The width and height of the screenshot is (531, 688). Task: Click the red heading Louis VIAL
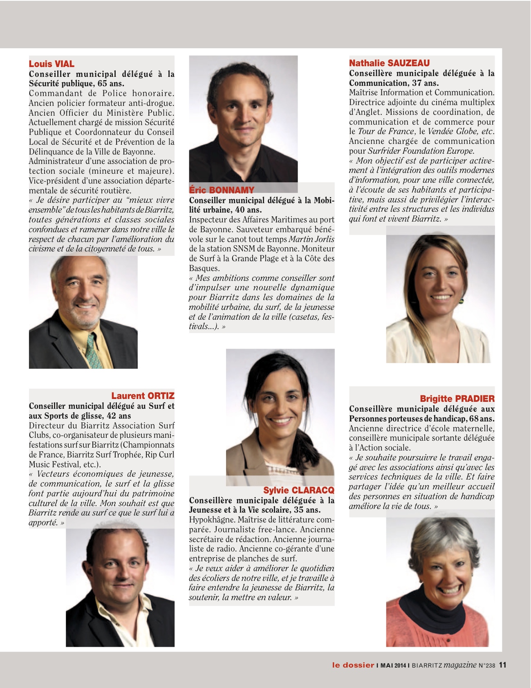(x=52, y=64)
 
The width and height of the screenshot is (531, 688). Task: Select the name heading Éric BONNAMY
(x=222, y=190)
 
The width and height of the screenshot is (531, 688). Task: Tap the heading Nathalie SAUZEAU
(x=389, y=63)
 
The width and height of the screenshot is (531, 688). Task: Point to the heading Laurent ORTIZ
(x=143, y=396)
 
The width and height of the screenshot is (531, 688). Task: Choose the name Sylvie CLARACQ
(x=298, y=490)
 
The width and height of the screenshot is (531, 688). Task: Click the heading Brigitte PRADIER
(x=457, y=399)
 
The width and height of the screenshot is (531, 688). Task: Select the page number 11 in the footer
(x=503, y=665)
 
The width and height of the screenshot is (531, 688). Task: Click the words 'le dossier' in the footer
(x=353, y=665)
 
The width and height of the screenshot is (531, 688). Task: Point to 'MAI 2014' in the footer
(x=393, y=666)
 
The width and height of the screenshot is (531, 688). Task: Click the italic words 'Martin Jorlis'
(x=311, y=239)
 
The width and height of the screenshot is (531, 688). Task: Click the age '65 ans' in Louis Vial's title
(x=110, y=84)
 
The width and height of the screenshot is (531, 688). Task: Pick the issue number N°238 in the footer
(x=487, y=666)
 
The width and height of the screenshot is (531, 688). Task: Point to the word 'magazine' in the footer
(x=460, y=665)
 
